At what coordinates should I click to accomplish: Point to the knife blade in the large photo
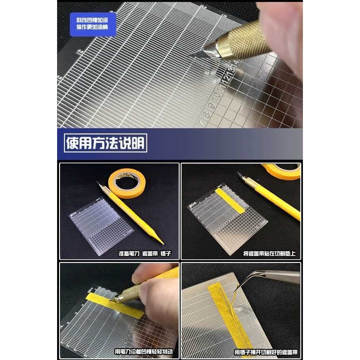coord(202,52)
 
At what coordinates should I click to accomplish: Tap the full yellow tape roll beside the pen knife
coord(127,182)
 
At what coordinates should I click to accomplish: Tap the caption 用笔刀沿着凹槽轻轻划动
coord(144,351)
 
